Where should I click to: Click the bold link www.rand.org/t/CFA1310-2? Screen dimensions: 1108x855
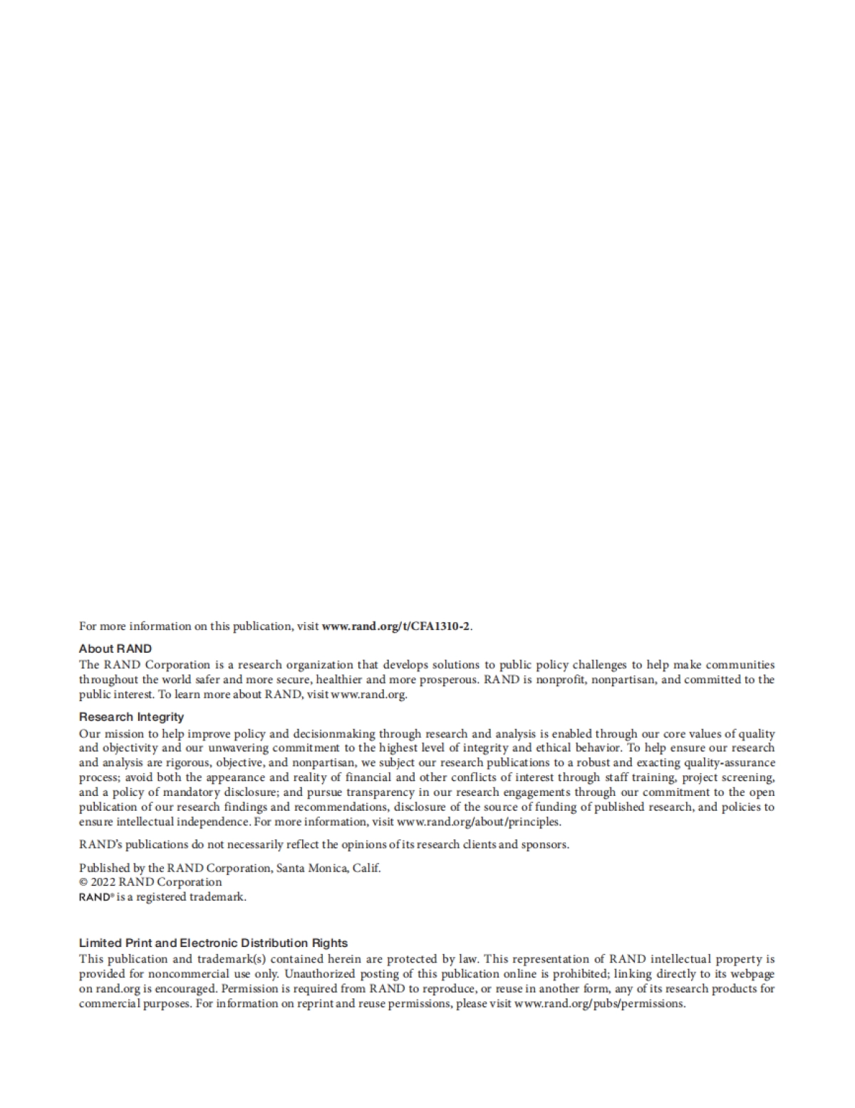[x=396, y=626]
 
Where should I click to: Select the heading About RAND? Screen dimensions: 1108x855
[x=115, y=648]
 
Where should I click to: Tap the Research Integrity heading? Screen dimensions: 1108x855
[x=131, y=717]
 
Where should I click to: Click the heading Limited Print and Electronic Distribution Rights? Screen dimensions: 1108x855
[x=213, y=943]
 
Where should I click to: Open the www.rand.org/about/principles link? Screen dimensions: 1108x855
[x=479, y=822]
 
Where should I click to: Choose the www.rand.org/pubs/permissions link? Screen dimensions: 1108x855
[x=599, y=1003]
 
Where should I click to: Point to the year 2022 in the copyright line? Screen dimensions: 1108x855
[x=103, y=882]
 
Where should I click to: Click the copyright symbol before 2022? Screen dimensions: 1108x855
[x=83, y=882]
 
